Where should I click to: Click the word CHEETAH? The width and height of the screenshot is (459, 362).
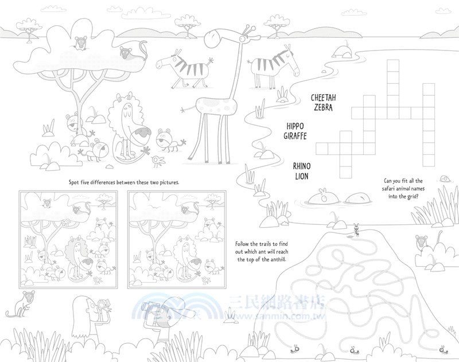tap(323, 98)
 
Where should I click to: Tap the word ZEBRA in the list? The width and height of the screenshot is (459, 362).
tap(324, 107)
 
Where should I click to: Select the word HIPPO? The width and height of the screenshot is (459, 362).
tap(295, 126)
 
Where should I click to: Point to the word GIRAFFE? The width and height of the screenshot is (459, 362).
tap(295, 136)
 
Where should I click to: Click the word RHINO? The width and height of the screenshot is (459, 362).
tap(302, 166)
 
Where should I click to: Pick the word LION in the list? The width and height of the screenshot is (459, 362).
tap(302, 176)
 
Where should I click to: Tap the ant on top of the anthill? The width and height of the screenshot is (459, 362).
tap(356, 229)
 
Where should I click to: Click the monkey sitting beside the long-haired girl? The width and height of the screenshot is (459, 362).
tap(21, 305)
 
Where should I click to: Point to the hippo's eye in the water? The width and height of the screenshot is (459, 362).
tap(324, 199)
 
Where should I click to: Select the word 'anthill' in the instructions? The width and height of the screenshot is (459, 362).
tap(277, 259)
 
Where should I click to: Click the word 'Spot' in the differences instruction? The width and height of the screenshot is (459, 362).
tap(74, 182)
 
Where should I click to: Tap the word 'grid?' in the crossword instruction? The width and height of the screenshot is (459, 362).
tap(412, 197)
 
